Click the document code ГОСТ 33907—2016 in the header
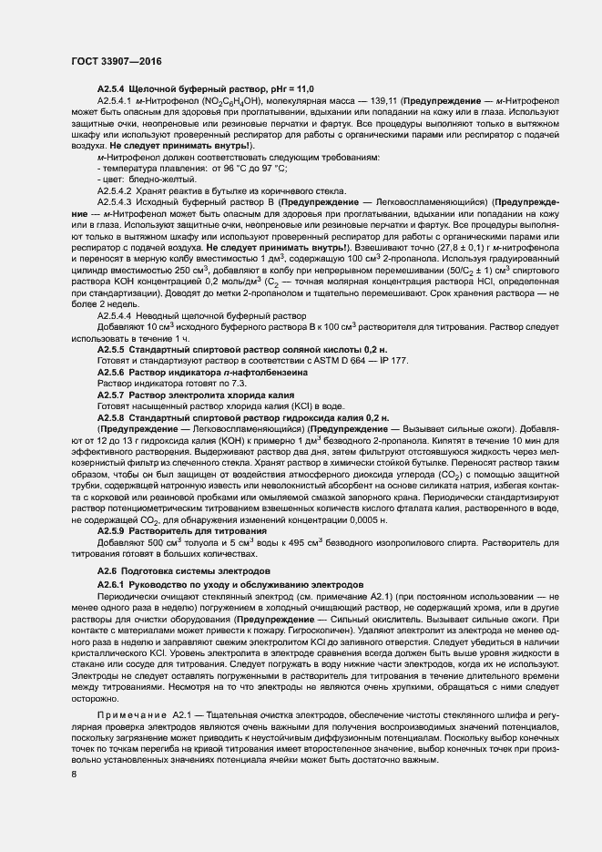coord(109,61)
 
